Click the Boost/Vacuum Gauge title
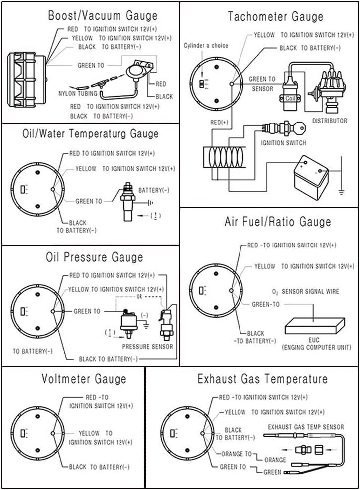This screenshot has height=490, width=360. pos(103,15)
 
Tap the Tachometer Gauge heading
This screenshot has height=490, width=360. pos(275,16)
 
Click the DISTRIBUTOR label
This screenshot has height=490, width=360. pos(329,121)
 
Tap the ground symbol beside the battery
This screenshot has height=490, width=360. pos(341,191)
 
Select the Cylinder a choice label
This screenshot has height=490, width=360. pos(206,46)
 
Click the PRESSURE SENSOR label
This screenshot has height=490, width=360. pos(148,346)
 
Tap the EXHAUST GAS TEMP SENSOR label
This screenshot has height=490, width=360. pos(306,427)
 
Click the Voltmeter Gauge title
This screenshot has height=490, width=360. pos(84,379)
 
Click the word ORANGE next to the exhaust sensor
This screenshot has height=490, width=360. pos(275,460)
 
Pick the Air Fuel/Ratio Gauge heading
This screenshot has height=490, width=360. pos(277,221)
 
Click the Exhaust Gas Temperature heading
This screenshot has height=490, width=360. pos(262,379)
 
